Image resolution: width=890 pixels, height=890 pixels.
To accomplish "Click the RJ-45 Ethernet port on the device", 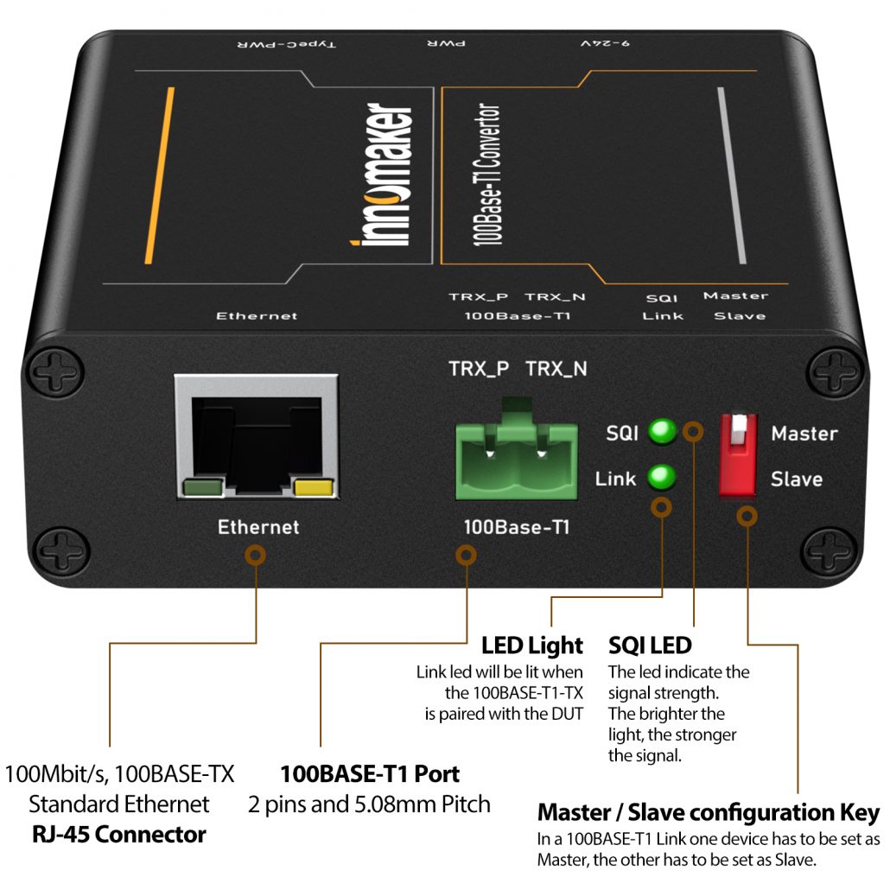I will pyautogui.click(x=256, y=437).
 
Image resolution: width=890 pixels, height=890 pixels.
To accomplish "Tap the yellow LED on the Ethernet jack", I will pyautogui.click(x=315, y=490).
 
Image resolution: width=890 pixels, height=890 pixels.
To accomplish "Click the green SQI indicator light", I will pyautogui.click(x=663, y=431).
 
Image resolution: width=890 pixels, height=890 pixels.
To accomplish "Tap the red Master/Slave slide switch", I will pyautogui.click(x=737, y=455).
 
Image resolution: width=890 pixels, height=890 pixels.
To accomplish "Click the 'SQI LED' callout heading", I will pyautogui.click(x=650, y=645).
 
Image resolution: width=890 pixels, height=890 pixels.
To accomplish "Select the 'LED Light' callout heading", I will pyautogui.click(x=532, y=645).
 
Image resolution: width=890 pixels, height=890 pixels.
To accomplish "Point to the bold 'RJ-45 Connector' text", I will pyautogui.click(x=119, y=835).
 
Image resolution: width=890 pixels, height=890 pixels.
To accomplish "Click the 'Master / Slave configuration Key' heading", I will pyautogui.click(x=708, y=812).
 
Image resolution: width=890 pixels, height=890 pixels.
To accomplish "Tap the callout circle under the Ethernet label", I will pyautogui.click(x=257, y=554).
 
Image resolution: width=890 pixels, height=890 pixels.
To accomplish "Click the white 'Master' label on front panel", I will pyautogui.click(x=804, y=434).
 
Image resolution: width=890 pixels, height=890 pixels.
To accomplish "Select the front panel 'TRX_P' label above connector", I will pyautogui.click(x=478, y=369).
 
